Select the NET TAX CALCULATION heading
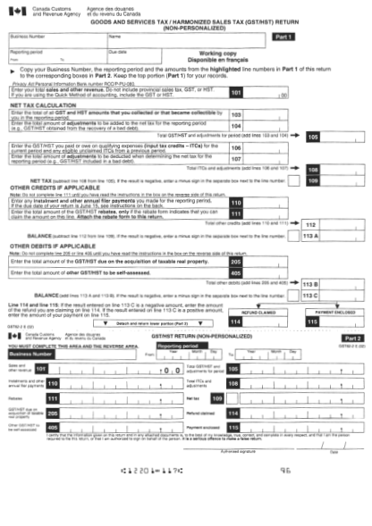point(41,104)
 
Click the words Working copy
point(218,54)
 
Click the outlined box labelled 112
point(309,223)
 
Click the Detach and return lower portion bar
point(162,321)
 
